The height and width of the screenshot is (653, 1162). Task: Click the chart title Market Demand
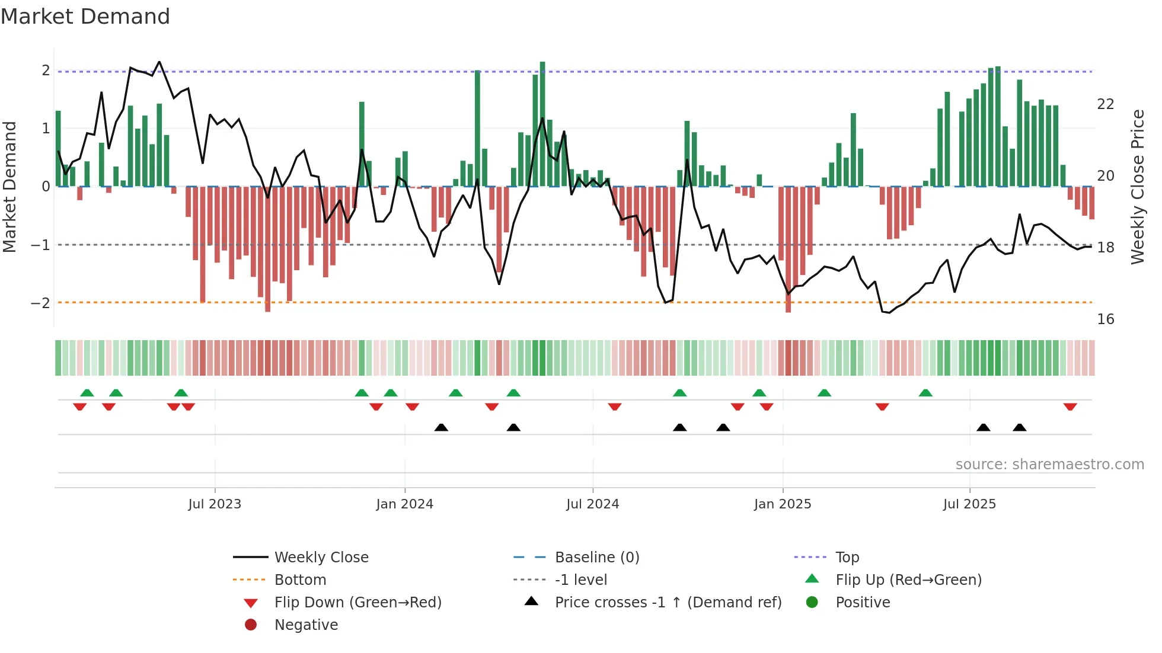pyautogui.click(x=85, y=16)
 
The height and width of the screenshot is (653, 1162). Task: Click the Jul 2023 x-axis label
pyautogui.click(x=215, y=504)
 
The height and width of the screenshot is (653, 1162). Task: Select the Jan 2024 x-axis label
pyautogui.click(x=404, y=504)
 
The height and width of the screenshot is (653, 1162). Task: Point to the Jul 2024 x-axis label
pyautogui.click(x=592, y=504)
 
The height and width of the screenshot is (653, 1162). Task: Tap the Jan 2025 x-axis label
pyautogui.click(x=782, y=504)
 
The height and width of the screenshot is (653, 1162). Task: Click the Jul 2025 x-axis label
pyautogui.click(x=969, y=504)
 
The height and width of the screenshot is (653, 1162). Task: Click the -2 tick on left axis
pyautogui.click(x=40, y=303)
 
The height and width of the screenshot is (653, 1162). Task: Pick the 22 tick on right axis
pyautogui.click(x=1105, y=104)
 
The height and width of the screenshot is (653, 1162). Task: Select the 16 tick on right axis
pyautogui.click(x=1105, y=319)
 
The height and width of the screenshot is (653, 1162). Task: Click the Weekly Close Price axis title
pyautogui.click(x=1137, y=187)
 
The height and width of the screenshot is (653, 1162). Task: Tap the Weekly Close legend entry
pyautogui.click(x=321, y=558)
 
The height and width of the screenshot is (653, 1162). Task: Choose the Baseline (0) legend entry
pyautogui.click(x=596, y=558)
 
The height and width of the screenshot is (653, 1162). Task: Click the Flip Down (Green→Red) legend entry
pyautogui.click(x=357, y=603)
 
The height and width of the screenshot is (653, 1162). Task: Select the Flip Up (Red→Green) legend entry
pyautogui.click(x=908, y=580)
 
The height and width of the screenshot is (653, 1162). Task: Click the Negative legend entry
pyautogui.click(x=306, y=625)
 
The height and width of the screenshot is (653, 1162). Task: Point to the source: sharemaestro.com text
pyautogui.click(x=1049, y=465)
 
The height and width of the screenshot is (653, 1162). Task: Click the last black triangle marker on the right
pyautogui.click(x=1019, y=428)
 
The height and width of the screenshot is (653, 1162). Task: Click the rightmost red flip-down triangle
pyautogui.click(x=1070, y=407)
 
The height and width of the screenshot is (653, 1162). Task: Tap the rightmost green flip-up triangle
pyautogui.click(x=925, y=393)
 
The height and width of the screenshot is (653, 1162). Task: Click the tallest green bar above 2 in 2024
pyautogui.click(x=542, y=124)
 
